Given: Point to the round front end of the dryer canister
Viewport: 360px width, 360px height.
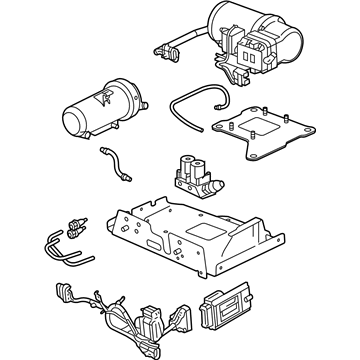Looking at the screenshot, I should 72,122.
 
